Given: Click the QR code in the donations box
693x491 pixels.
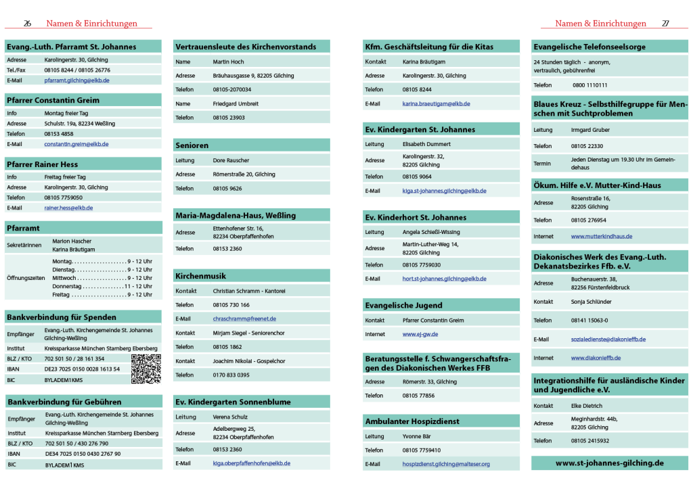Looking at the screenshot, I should [x=146, y=369].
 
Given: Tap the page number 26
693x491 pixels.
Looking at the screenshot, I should [x=28, y=24].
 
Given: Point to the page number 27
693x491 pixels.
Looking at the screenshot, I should [x=665, y=24].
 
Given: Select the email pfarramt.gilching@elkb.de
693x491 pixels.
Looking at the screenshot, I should [x=76, y=80].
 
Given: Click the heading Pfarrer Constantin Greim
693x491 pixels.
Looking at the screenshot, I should [x=53, y=100].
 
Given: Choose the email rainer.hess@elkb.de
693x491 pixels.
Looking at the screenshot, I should [x=68, y=208].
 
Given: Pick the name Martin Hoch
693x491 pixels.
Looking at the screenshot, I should [x=228, y=62].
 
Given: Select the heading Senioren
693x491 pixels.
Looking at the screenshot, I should [x=192, y=145].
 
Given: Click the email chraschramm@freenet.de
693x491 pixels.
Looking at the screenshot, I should [x=244, y=319].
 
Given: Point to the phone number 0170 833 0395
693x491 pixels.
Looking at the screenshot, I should [x=231, y=375].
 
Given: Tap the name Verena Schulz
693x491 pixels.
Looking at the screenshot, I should [x=230, y=417].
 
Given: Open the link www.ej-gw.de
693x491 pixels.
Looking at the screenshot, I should [x=420, y=334].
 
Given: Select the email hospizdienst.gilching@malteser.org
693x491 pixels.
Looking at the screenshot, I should [x=446, y=464].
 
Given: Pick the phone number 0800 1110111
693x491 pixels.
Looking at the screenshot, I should [x=589, y=85].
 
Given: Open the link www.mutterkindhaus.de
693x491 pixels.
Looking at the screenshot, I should [x=601, y=237].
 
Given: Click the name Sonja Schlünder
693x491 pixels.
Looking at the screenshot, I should [x=591, y=302].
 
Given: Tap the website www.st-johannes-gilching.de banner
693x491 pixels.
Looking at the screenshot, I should [x=609, y=463].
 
